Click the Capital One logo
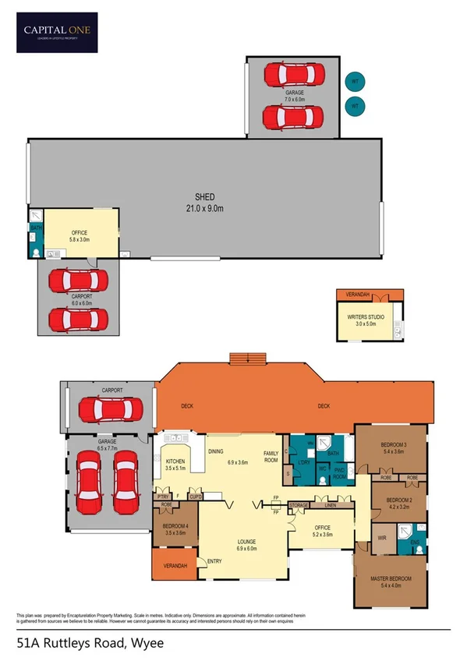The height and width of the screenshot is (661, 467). pyautogui.click(x=57, y=32)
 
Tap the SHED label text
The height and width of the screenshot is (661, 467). pyautogui.click(x=204, y=197)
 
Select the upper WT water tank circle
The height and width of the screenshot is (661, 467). pyautogui.click(x=355, y=81)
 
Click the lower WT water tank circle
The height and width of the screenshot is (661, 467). pyautogui.click(x=355, y=105)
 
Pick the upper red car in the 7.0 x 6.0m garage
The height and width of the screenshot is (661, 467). pyautogui.click(x=293, y=76)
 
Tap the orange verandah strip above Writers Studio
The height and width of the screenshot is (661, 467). pyautogui.click(x=370, y=295)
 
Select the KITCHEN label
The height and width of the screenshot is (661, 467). pyautogui.click(x=176, y=461)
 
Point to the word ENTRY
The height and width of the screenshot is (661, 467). pyautogui.click(x=214, y=561)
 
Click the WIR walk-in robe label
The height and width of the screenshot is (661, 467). pyautogui.click(x=381, y=538)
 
